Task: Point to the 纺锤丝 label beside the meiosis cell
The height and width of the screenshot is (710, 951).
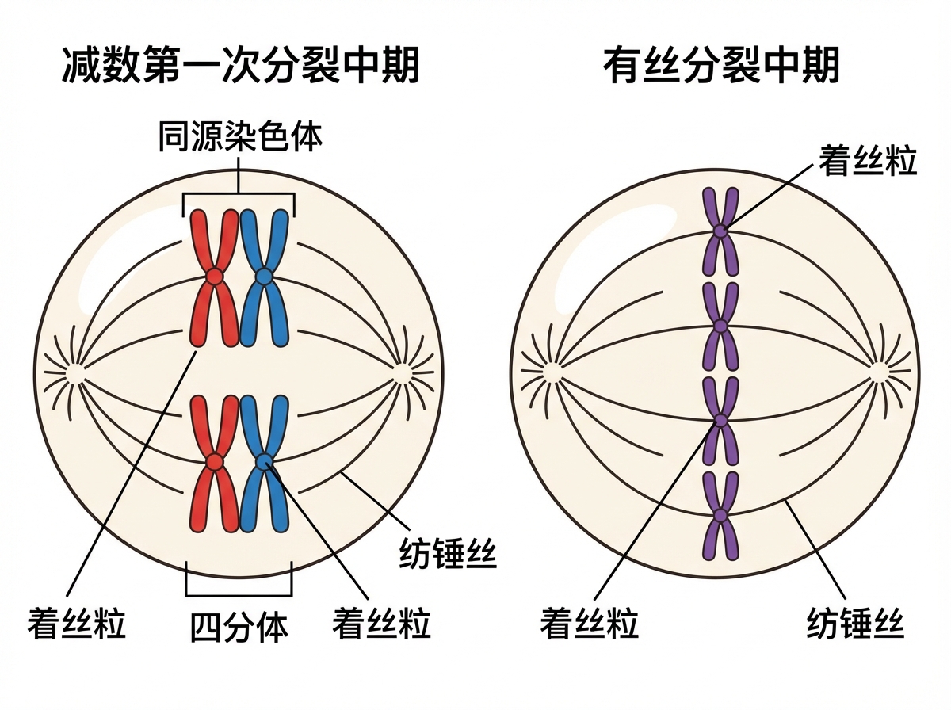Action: [448, 554]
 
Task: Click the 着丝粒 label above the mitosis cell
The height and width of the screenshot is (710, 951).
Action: [868, 162]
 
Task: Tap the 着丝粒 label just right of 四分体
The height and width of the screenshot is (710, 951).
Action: [382, 623]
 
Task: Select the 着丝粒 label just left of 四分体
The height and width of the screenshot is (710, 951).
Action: [77, 623]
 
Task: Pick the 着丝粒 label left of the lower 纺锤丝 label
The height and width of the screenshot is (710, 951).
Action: [590, 623]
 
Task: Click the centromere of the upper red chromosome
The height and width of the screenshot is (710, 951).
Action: [214, 277]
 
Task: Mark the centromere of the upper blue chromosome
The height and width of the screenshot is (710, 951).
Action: [264, 277]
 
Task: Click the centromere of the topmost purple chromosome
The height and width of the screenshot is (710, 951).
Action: [720, 231]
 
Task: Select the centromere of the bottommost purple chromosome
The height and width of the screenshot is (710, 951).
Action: [720, 515]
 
